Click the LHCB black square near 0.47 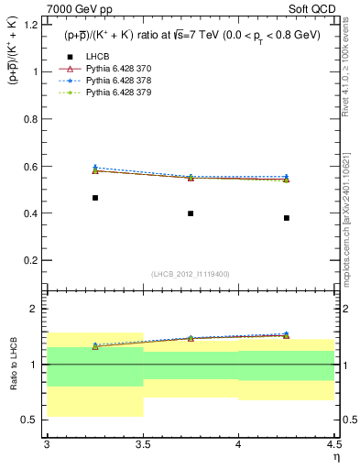tap(95, 198)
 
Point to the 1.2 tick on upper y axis tap(35, 24)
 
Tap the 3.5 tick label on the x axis tap(143, 444)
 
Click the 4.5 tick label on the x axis tap(333, 444)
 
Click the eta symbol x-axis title tap(335, 457)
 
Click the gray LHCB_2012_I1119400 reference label tap(191, 274)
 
